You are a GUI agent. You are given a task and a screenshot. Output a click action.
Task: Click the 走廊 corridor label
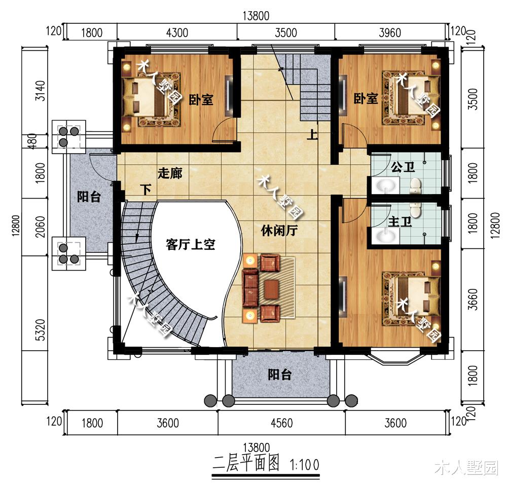170,173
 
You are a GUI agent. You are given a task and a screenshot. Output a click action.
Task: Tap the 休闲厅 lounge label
279,231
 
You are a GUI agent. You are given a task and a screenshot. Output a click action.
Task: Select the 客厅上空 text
191,245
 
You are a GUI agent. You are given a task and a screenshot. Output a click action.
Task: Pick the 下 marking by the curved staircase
146,191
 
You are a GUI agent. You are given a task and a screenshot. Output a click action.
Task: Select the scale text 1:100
304,464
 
